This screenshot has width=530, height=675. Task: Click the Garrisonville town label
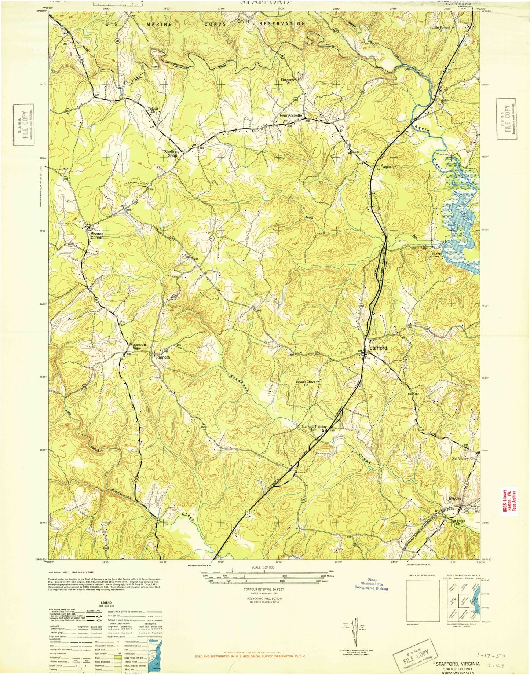pos(291,115)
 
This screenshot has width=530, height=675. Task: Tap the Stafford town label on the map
pos(378,348)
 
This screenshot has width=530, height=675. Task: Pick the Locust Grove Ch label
pos(306,384)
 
